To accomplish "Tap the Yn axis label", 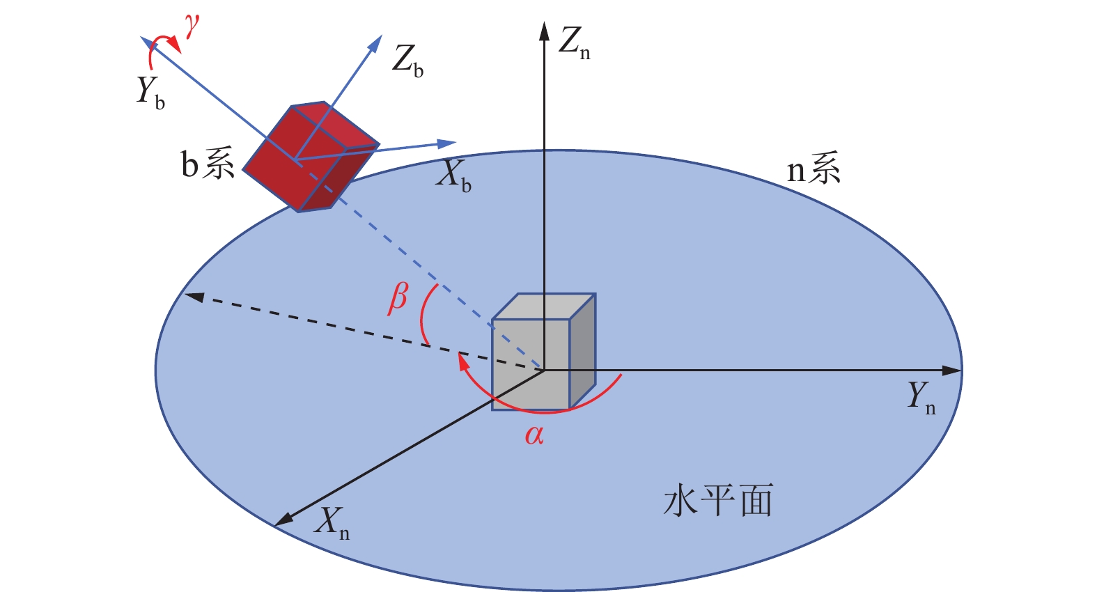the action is point(921,398).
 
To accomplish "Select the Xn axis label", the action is point(332,523).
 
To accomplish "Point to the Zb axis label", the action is point(407,61).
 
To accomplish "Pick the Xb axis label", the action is point(453,176).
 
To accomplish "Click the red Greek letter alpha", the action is point(534,435).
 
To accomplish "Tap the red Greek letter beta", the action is point(398,299).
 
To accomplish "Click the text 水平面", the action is point(718,500).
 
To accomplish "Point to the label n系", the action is point(814,167).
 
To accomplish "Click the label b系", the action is point(208,164).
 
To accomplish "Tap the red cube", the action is point(311,157).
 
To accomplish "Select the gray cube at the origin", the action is point(543,352).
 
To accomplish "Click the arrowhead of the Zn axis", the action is point(543,31).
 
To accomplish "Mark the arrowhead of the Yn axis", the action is point(953,371).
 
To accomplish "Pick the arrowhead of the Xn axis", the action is point(283,520).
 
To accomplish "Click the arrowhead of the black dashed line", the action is point(194,297).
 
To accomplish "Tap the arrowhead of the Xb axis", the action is point(446,143).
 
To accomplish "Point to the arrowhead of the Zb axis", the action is point(375,43).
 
